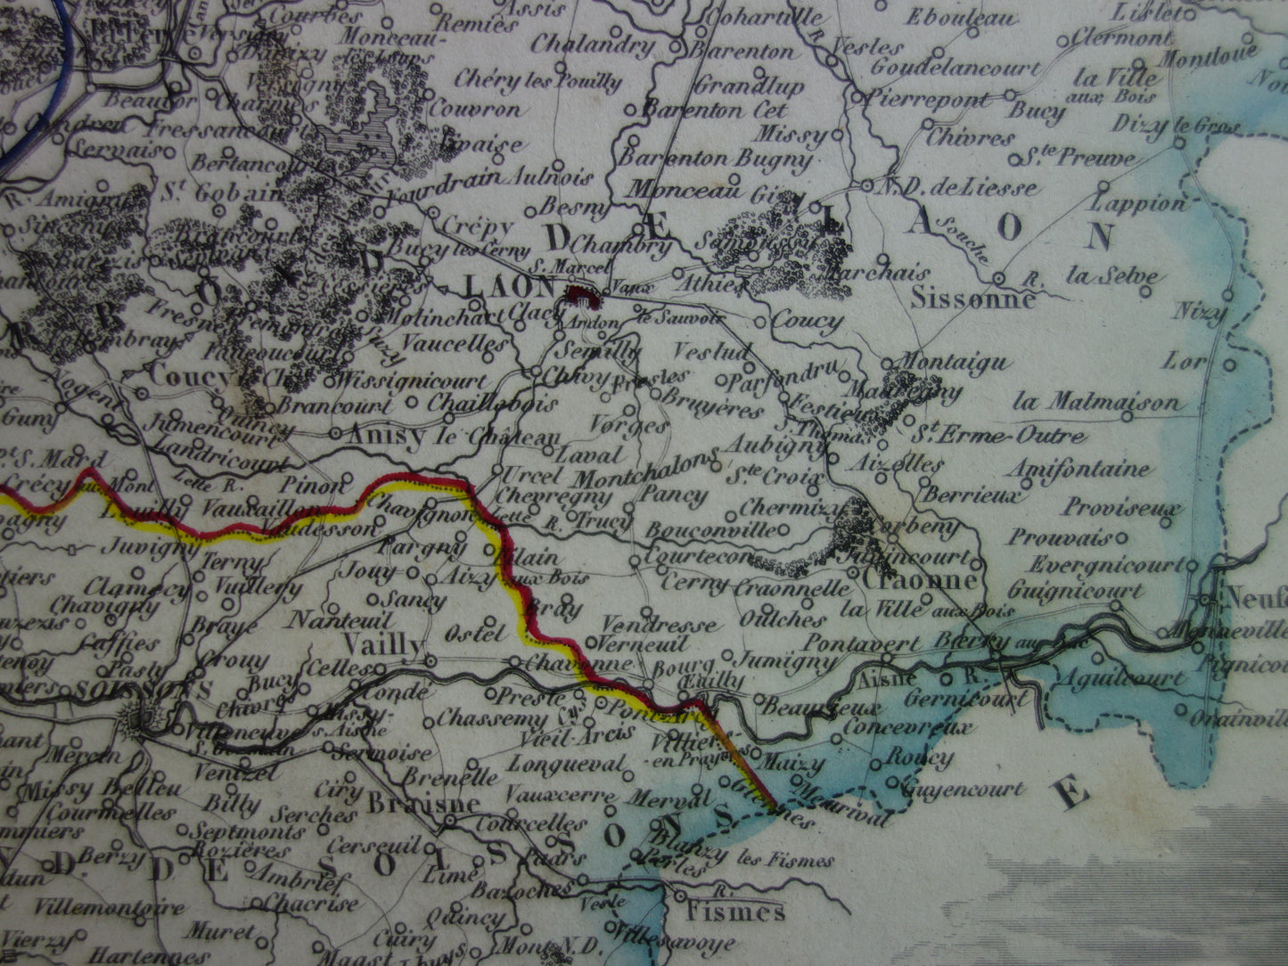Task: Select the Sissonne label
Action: pyautogui.click(x=972, y=299)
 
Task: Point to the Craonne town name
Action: pyautogui.click(x=920, y=581)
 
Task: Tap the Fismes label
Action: pyautogui.click(x=735, y=912)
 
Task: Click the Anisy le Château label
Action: pyautogui.click(x=452, y=436)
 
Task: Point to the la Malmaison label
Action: pyautogui.click(x=1096, y=403)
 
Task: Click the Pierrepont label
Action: pyautogui.click(x=930, y=100)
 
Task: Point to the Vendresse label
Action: pyautogui.click(x=659, y=625)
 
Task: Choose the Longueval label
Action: pyautogui.click(x=568, y=765)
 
